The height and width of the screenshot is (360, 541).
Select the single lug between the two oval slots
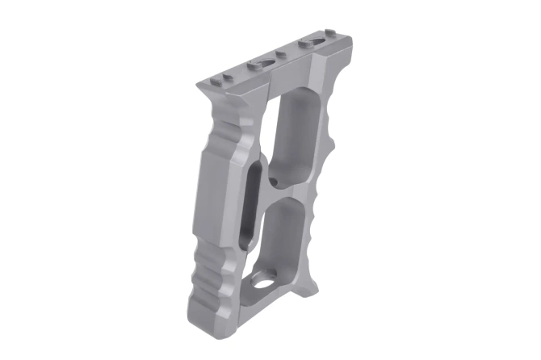[x=282, y=55]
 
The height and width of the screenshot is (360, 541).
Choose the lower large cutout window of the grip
[x=287, y=242]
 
